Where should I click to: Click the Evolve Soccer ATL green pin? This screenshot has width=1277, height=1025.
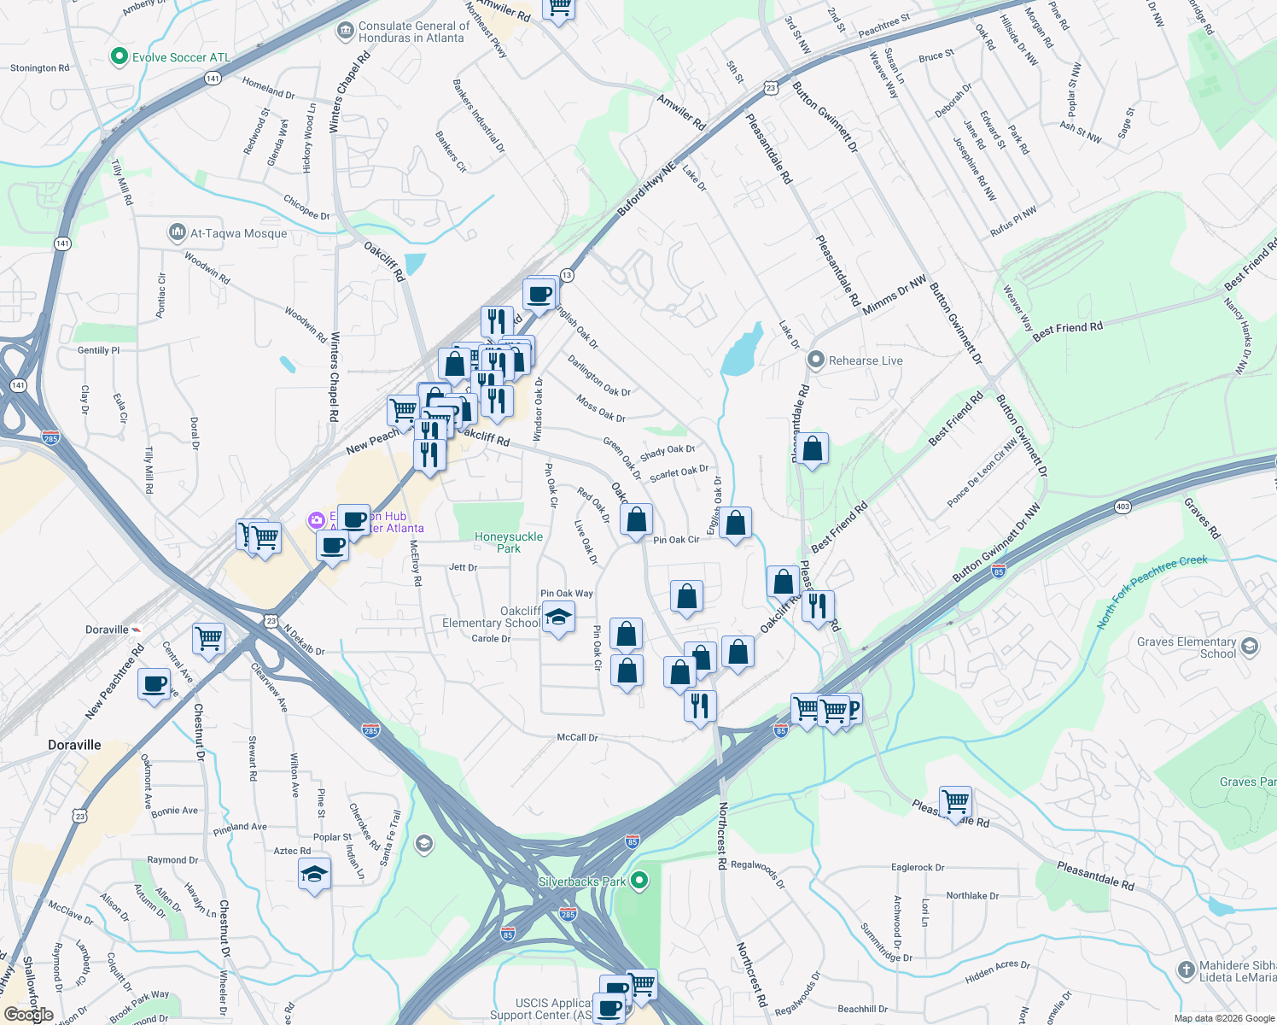pyautogui.click(x=120, y=57)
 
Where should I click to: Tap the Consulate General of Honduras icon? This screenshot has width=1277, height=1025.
pyautogui.click(x=345, y=32)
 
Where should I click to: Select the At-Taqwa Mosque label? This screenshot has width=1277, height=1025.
pyautogui.click(x=238, y=233)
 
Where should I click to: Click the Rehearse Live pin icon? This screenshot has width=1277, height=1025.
pyautogui.click(x=815, y=360)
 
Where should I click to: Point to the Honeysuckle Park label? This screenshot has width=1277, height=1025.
pyautogui.click(x=509, y=542)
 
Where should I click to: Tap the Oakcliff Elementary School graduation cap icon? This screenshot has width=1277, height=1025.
pyautogui.click(x=558, y=617)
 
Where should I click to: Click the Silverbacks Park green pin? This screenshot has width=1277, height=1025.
pyautogui.click(x=641, y=881)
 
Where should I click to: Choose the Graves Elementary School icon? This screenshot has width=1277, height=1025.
pyautogui.click(x=1250, y=647)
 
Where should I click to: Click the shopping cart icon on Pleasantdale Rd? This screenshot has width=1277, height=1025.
pyautogui.click(x=955, y=801)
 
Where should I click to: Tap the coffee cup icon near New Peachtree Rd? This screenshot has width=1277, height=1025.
pyautogui.click(x=155, y=684)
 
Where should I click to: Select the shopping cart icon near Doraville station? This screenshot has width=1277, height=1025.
pyautogui.click(x=208, y=637)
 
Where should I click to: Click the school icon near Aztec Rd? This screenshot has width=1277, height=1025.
pyautogui.click(x=314, y=874)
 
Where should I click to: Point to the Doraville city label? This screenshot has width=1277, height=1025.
pyautogui.click(x=74, y=745)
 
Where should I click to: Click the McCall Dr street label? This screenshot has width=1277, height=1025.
pyautogui.click(x=577, y=737)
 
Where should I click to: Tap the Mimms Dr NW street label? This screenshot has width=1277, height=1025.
pyautogui.click(x=894, y=296)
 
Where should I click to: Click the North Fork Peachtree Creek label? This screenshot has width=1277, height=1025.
pyautogui.click(x=1152, y=591)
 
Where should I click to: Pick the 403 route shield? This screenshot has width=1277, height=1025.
pyautogui.click(x=1122, y=507)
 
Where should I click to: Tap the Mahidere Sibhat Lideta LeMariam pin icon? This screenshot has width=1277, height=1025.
pyautogui.click(x=1186, y=969)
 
